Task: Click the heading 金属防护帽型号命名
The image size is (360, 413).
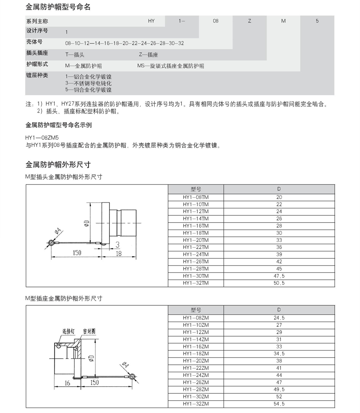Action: pos(58,7)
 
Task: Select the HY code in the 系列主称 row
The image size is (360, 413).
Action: pos(151,21)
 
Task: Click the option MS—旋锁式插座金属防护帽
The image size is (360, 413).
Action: pos(171,66)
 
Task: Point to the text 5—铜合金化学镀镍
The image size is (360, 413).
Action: pos(88,90)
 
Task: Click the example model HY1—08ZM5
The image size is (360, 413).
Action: pos(39,138)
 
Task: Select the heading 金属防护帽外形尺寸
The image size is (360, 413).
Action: pos(58,165)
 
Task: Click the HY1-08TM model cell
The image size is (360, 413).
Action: pos(195,197)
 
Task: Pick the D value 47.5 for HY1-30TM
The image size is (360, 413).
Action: pos(279,276)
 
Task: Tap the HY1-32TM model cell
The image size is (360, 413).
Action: pos(195,283)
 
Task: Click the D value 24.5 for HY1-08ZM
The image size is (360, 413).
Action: pos(279,318)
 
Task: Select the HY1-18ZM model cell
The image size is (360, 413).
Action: pos(195,354)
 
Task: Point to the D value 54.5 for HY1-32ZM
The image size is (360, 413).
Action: pos(279,404)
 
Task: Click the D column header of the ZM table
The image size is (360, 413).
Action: pos(279,310)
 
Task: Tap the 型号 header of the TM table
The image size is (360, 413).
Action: pos(195,189)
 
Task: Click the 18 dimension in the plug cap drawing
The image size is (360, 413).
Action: pos(119,253)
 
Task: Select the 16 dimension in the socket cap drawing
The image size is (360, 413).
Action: pos(67,383)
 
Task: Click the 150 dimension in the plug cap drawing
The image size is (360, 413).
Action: pos(77,253)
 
